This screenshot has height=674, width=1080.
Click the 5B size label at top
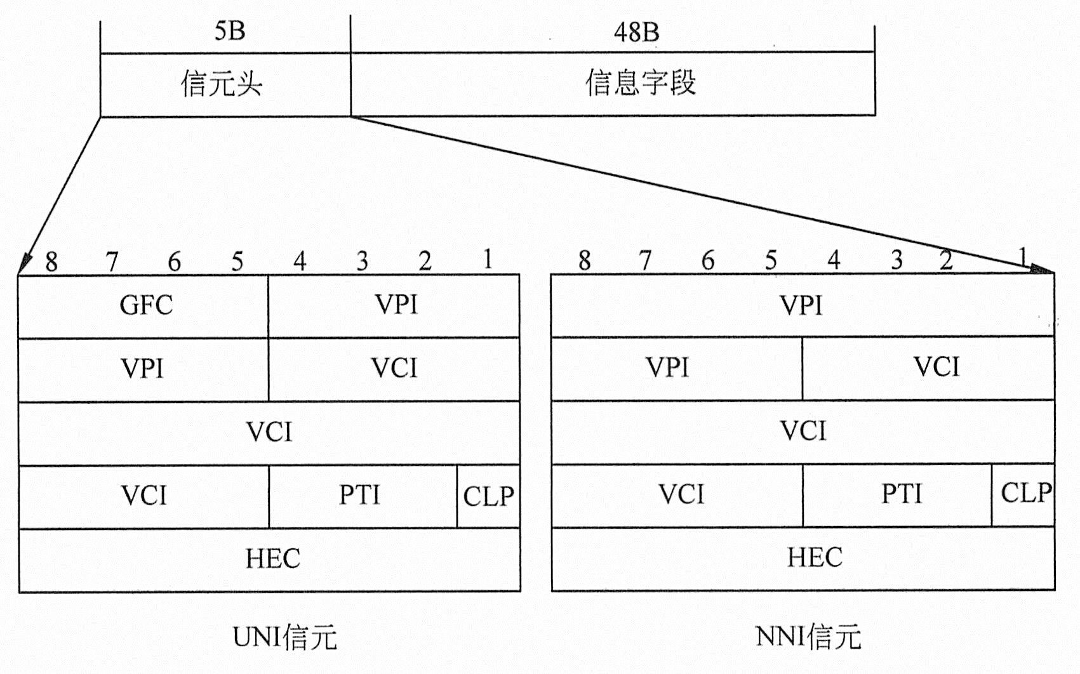(229, 31)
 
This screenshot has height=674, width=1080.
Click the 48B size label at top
(636, 32)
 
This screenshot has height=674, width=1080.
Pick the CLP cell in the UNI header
(488, 496)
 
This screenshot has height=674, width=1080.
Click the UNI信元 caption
(284, 637)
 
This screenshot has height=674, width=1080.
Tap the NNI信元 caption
(808, 637)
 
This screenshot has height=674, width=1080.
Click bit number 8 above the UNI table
(51, 261)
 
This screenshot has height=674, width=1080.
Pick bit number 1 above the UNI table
(487, 260)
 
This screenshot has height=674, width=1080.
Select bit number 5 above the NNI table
(771, 260)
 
